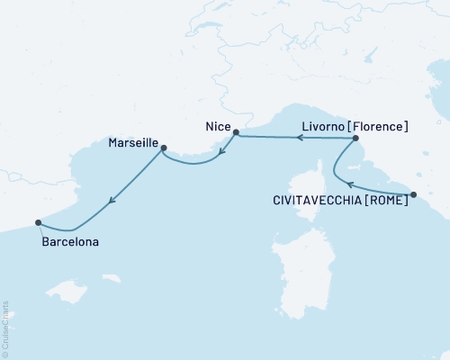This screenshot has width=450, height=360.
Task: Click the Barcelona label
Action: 70,242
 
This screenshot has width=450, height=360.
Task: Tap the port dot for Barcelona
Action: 38,222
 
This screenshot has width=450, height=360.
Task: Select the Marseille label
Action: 133,143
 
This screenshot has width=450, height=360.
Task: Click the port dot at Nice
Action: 236,133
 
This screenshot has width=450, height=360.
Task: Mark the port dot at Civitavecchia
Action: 413,194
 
